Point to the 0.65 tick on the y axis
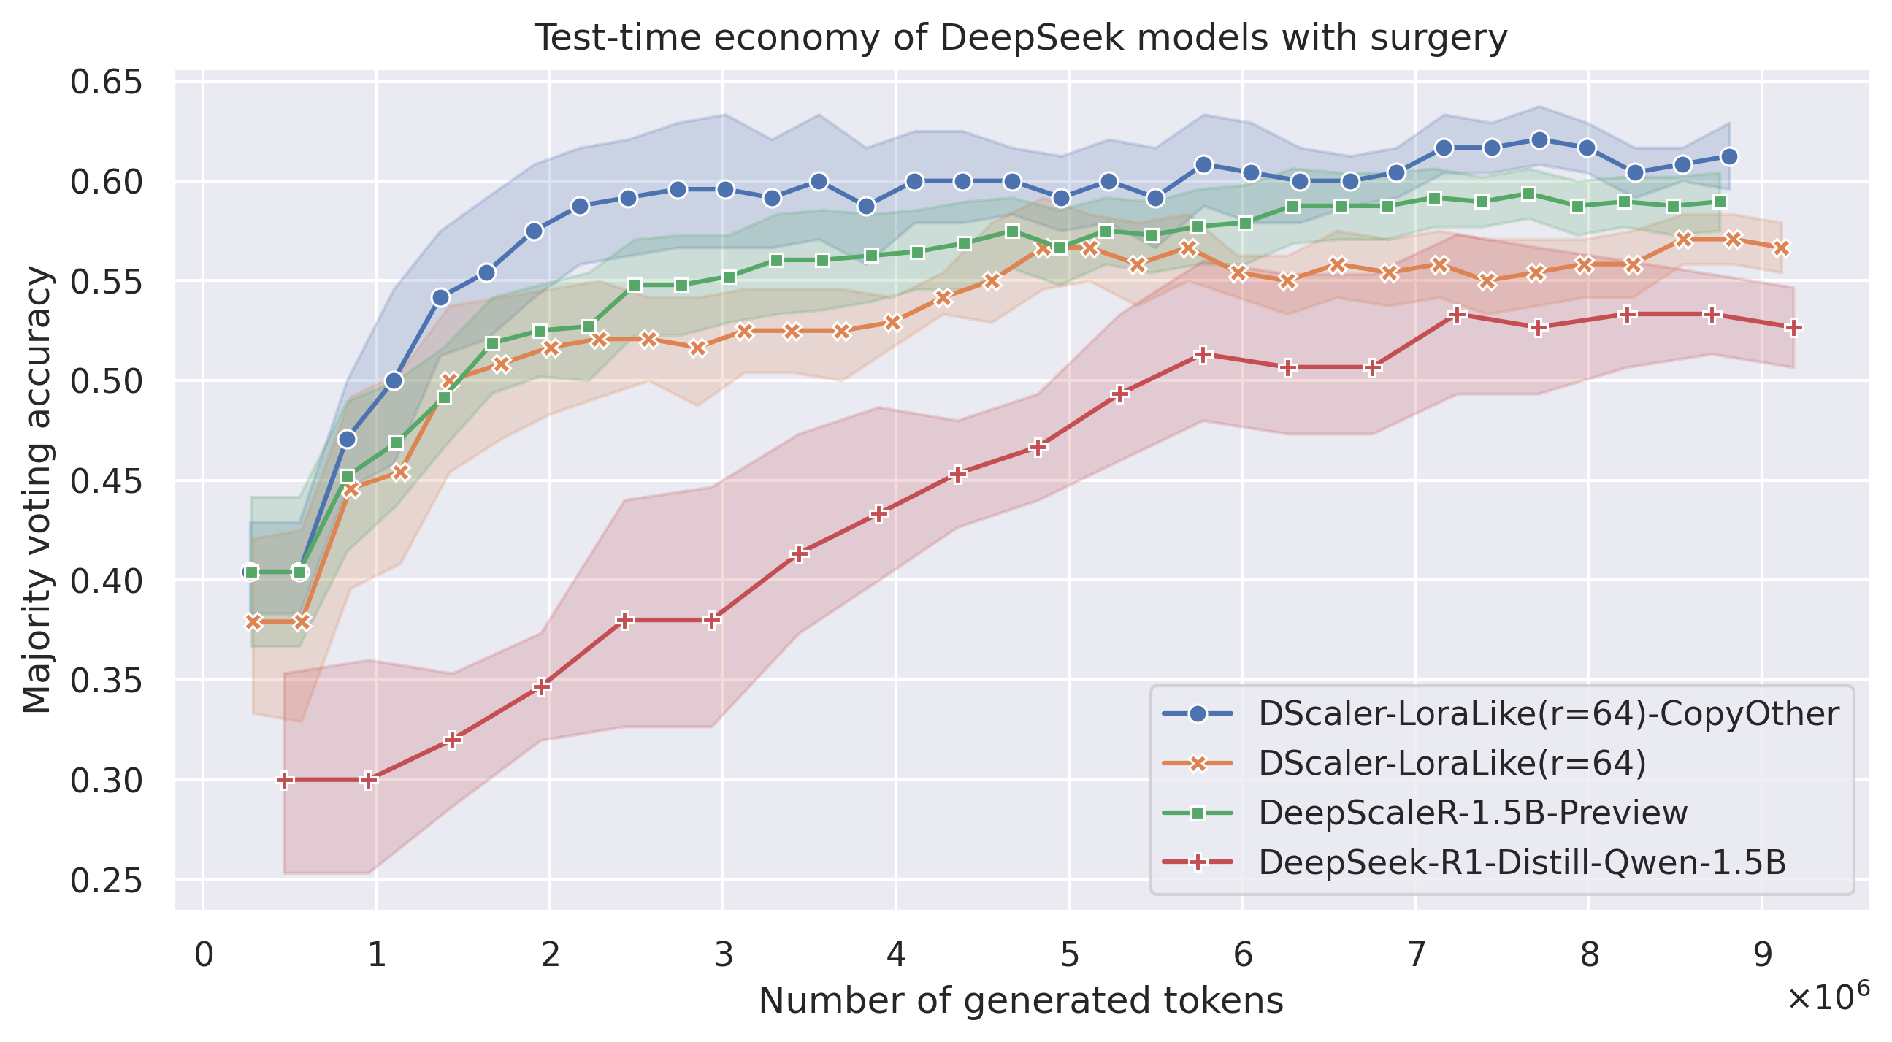click(105, 82)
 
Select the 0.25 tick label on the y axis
click(105, 880)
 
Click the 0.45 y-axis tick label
click(105, 481)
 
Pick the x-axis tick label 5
click(1068, 956)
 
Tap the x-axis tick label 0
click(204, 956)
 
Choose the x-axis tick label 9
click(1762, 956)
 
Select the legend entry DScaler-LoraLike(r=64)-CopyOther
click(1548, 713)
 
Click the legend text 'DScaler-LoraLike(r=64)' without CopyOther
click(1452, 763)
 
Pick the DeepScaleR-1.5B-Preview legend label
click(1473, 813)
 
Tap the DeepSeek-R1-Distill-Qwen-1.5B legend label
click(1522, 862)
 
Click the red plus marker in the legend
click(1197, 862)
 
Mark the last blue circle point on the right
click(1729, 156)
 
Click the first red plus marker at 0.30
click(285, 780)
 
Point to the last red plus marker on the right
click(1793, 328)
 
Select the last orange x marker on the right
click(1781, 248)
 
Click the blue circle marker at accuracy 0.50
click(394, 380)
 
